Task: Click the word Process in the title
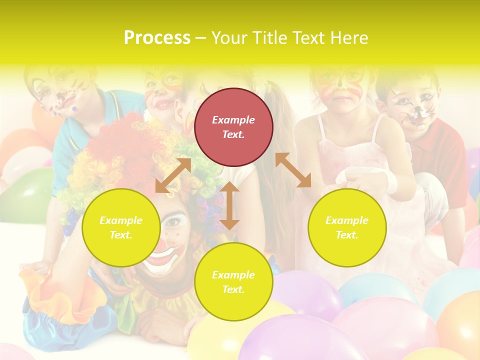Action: point(157,38)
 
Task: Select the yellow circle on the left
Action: point(121,227)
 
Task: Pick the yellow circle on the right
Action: point(347,227)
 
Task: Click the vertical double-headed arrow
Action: point(229,205)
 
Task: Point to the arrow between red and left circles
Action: point(173,175)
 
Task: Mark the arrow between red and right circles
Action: point(293,170)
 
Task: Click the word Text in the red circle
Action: point(233,134)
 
